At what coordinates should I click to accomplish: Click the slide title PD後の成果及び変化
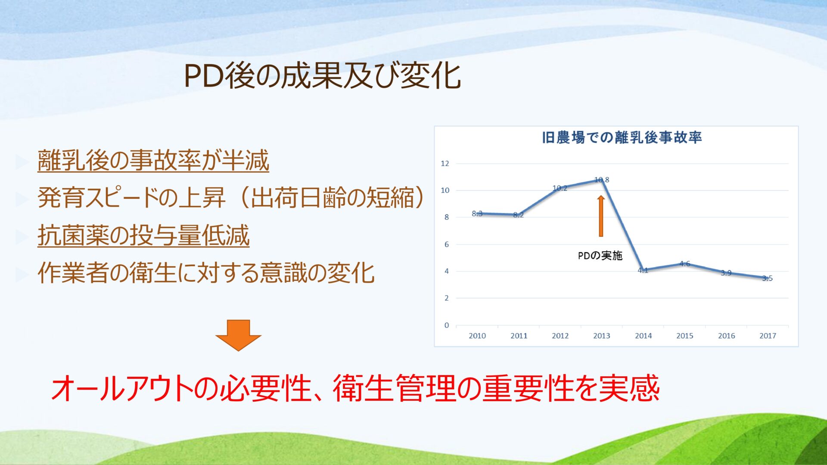point(323,76)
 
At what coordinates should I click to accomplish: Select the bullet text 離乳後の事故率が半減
point(153,160)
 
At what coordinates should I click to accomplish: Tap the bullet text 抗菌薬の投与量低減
point(143,236)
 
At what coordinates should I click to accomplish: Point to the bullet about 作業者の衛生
point(206,273)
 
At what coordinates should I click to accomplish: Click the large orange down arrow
point(238,335)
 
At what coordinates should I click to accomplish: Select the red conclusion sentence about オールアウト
point(355,388)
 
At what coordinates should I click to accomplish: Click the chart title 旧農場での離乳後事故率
point(622,137)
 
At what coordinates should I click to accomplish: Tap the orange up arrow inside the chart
point(601,216)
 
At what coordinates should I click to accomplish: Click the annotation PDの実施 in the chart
point(600,256)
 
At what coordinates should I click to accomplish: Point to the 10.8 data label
point(602,180)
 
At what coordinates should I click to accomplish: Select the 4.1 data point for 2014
point(643,270)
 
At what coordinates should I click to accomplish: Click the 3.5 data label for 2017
point(768,278)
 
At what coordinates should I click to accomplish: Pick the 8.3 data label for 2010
point(477,214)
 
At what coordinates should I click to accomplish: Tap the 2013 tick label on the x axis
point(602,336)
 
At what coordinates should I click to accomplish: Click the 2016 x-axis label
point(726,336)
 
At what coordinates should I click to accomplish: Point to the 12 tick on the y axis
point(445,164)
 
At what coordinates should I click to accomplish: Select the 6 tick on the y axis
point(447,244)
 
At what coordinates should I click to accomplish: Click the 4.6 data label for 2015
point(685,263)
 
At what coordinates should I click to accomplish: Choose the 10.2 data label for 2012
point(560,188)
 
